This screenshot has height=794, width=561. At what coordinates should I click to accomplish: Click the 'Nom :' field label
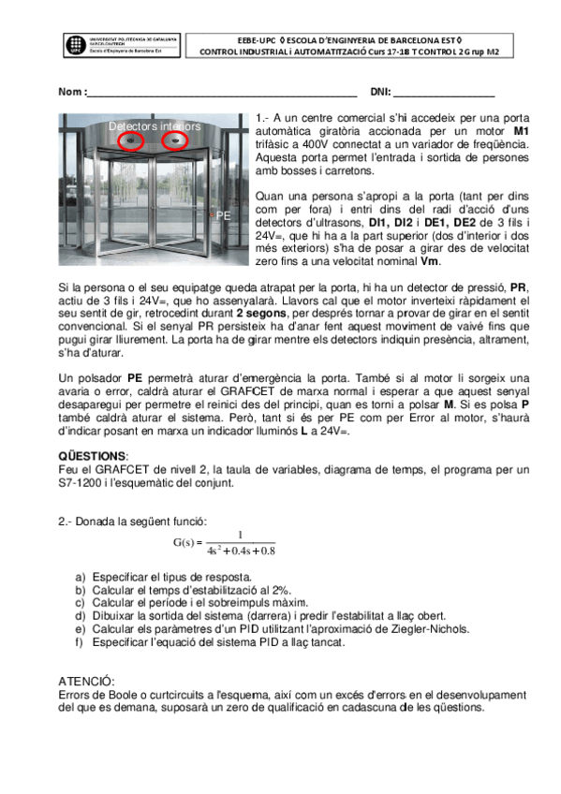(x=71, y=93)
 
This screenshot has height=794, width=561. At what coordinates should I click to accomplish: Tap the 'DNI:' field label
(x=380, y=93)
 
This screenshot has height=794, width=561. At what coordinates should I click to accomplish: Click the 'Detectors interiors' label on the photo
(x=154, y=125)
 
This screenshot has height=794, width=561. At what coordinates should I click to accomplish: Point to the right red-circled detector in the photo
(x=173, y=141)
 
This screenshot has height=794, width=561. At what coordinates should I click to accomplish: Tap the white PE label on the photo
(x=223, y=215)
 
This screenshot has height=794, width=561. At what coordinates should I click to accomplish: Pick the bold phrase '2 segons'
(x=260, y=314)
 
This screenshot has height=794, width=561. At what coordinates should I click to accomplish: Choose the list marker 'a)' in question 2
(x=81, y=578)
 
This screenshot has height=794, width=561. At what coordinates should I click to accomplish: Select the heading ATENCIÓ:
(x=86, y=683)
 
